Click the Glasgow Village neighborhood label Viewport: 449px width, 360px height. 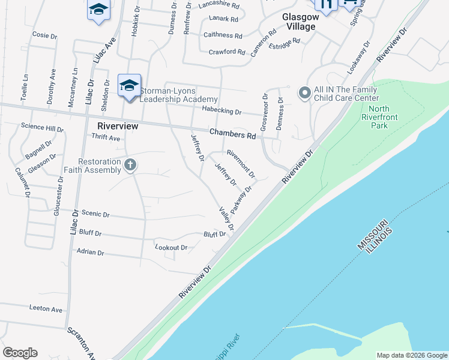tap(298, 22)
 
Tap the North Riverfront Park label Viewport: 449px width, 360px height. tap(375, 118)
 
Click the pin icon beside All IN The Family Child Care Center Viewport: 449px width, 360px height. tap(304, 93)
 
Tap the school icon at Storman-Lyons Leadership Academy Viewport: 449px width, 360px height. tap(129, 86)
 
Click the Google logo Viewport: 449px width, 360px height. tap(20, 353)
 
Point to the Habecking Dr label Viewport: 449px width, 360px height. tap(221, 112)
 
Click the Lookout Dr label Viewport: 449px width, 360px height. tap(171, 247)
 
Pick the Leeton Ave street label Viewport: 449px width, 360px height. tap(46, 309)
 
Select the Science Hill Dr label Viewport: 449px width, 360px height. tap(42, 128)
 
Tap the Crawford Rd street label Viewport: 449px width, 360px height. tap(227, 52)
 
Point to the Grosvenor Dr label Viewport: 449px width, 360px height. tap(263, 112)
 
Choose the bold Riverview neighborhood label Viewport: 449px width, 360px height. tap(118, 126)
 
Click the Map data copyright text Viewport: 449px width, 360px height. tap(411, 355)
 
